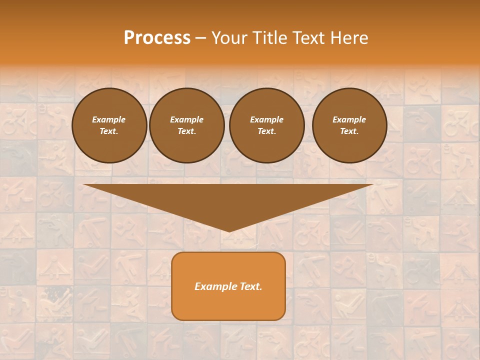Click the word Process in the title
click(157, 38)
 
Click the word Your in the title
click(229, 38)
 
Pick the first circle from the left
click(109, 125)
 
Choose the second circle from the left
click(187, 125)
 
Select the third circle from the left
click(266, 125)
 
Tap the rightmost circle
click(349, 125)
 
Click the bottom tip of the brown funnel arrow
click(229, 230)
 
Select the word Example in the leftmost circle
click(109, 119)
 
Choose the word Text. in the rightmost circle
click(349, 131)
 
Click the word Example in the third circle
click(266, 119)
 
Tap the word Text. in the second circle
click(187, 131)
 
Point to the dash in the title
click(200, 38)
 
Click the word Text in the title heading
click(308, 38)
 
